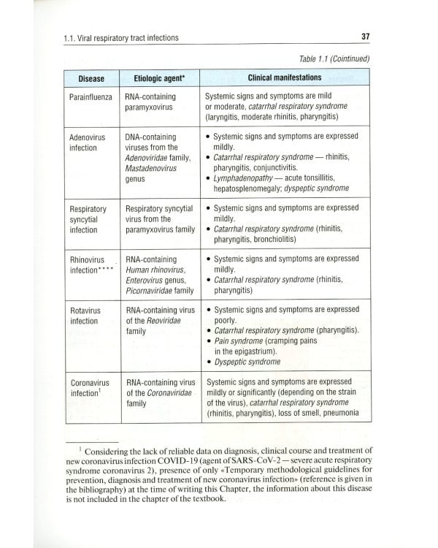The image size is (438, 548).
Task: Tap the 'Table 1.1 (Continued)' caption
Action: (335, 58)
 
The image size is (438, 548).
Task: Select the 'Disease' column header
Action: (91, 78)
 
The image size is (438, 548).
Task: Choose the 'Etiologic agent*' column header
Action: (156, 78)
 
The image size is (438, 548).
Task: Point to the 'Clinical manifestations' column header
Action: (284, 77)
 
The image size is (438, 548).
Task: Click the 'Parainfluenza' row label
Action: (91, 97)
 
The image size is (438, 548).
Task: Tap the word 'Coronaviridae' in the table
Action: (168, 392)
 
